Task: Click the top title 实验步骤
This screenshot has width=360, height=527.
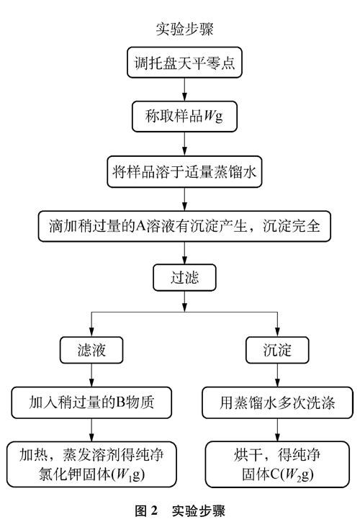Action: [x=184, y=29]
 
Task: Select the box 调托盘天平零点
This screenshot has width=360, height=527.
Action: [x=184, y=63]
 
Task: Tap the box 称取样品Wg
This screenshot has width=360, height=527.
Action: [x=184, y=117]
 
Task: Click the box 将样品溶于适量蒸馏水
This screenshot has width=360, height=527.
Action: [x=184, y=172]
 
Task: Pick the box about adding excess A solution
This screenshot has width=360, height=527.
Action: [x=184, y=226]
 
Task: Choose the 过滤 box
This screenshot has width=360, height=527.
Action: [x=184, y=278]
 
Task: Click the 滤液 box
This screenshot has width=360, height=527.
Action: [x=91, y=350]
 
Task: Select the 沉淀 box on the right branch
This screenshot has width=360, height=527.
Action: [x=277, y=350]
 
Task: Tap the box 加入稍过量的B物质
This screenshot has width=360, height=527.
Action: [x=91, y=402]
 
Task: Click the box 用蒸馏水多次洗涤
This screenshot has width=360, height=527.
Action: [x=277, y=402]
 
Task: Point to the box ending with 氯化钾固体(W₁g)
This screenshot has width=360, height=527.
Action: [x=91, y=465]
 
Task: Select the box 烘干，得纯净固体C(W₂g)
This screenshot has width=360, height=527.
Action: [x=277, y=465]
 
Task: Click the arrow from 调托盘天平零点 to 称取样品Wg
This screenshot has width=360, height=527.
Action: [x=184, y=90]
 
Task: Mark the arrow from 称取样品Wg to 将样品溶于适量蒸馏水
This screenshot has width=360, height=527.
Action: [x=184, y=144]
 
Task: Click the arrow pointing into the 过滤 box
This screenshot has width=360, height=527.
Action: [x=184, y=253]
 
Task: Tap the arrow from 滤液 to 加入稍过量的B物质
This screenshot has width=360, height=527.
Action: [x=91, y=375]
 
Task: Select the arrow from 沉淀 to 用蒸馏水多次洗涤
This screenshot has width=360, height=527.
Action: [x=277, y=375]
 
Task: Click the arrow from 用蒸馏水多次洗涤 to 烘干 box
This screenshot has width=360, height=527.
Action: [x=277, y=431]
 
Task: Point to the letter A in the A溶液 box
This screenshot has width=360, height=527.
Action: [x=140, y=226]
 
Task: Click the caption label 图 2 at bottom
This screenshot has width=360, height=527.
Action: [x=146, y=511]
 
